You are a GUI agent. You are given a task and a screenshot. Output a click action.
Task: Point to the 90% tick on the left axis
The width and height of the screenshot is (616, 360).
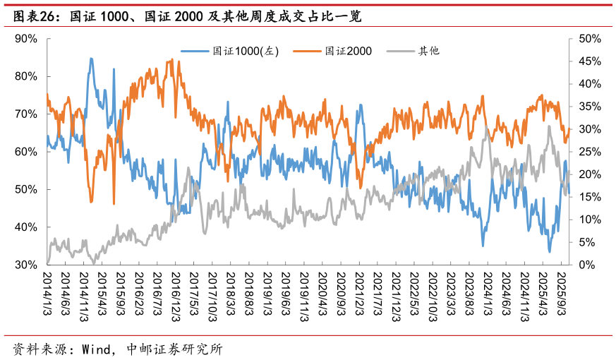(x=25, y=39)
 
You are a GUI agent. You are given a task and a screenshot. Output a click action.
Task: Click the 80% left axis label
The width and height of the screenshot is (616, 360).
(x=25, y=76)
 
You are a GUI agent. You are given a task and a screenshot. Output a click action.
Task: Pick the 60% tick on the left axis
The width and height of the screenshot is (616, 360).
(x=25, y=152)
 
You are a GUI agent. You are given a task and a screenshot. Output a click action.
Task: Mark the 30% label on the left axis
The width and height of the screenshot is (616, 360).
(x=25, y=265)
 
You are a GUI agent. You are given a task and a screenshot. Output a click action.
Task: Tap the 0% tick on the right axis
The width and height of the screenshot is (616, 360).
(x=587, y=265)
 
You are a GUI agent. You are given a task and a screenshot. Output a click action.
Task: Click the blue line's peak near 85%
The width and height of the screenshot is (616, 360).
(x=91, y=59)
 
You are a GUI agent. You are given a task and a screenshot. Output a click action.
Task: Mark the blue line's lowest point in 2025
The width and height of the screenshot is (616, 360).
(x=550, y=251)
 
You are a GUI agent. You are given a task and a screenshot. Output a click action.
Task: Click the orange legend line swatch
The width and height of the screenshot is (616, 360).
(x=307, y=51)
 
